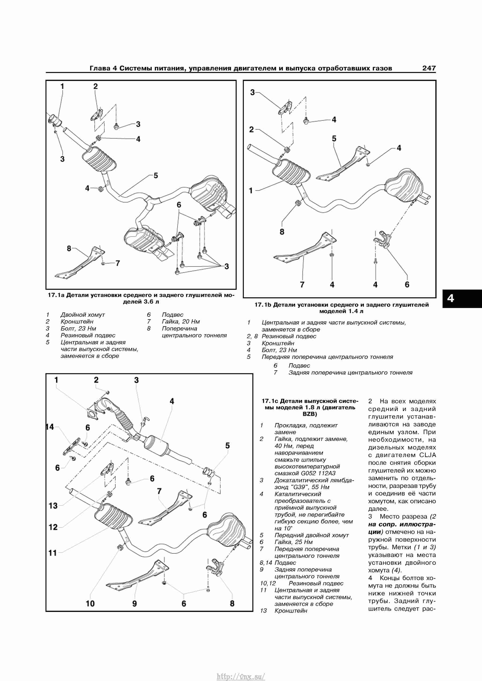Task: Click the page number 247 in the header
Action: point(429,68)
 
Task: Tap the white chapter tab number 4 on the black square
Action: point(451,298)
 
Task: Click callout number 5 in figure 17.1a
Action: point(156,176)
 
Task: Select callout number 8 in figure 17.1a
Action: point(69,249)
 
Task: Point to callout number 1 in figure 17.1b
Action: point(251,190)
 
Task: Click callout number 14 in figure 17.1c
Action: point(50,427)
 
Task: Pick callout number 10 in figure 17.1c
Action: point(90,604)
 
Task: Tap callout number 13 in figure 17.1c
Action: point(53,505)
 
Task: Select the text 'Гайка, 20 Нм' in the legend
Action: point(181,322)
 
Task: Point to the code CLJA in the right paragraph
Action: point(428,455)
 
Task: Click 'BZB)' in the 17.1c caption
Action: point(310,414)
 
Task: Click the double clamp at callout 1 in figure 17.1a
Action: point(54,120)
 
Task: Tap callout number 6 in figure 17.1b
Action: point(407,284)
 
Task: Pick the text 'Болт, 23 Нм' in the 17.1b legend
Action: point(279,350)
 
